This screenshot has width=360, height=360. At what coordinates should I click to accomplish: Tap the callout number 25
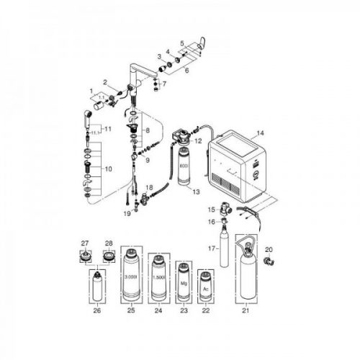click(x=130, y=312)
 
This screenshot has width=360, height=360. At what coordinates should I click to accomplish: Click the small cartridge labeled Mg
click(x=183, y=287)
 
